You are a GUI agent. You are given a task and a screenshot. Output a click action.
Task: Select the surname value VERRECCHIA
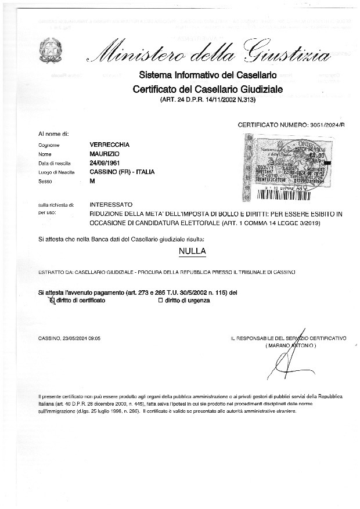click(110, 145)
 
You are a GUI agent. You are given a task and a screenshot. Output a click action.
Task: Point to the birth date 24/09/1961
click(105, 163)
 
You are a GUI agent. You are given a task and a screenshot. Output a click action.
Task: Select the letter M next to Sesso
click(92, 182)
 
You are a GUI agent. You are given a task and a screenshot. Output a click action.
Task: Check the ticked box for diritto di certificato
click(52, 301)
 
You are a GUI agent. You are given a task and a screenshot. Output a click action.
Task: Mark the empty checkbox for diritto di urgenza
click(160, 301)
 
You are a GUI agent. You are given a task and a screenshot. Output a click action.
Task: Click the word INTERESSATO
click(111, 205)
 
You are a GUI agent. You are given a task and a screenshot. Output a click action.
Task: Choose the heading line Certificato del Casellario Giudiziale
click(207, 89)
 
